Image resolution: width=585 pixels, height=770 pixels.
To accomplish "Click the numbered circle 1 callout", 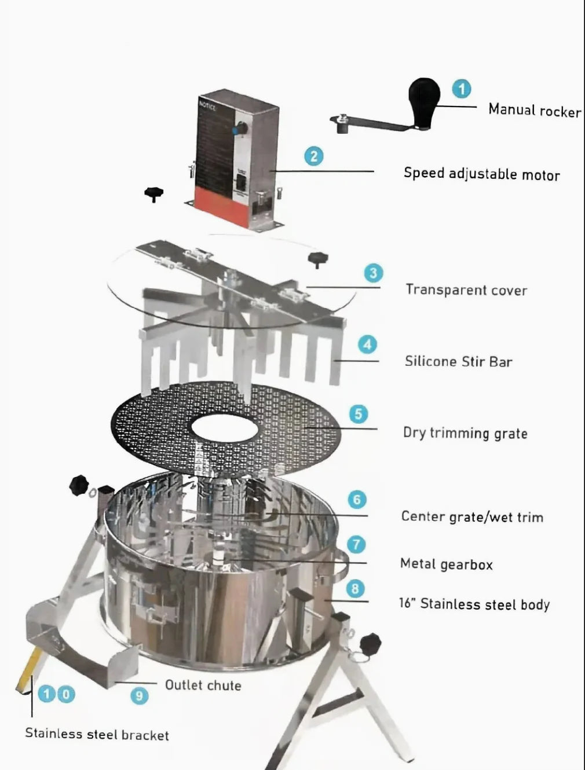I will (x=461, y=89).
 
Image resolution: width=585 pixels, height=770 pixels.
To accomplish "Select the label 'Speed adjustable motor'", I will (x=481, y=174).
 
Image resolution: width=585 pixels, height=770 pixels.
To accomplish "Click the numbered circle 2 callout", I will (x=314, y=156).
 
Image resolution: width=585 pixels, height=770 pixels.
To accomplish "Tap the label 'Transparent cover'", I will (x=466, y=289).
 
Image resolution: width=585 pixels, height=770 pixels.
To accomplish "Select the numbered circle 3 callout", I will (x=373, y=273).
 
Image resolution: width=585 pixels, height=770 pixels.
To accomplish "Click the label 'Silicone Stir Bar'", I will (x=458, y=362).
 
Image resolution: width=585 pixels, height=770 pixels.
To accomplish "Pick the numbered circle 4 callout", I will (x=367, y=344).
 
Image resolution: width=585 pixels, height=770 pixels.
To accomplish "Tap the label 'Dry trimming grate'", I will (x=465, y=433).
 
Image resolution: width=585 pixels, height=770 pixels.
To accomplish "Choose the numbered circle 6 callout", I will (x=357, y=500).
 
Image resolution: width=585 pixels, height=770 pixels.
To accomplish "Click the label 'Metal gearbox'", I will (x=446, y=564).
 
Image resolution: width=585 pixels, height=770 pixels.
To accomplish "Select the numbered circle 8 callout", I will (x=355, y=589).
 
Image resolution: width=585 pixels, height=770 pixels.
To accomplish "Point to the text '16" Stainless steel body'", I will (x=474, y=604).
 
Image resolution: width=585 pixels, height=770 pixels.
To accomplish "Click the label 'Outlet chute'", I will (x=203, y=685).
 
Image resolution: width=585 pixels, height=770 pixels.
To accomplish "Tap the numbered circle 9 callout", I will (x=139, y=695).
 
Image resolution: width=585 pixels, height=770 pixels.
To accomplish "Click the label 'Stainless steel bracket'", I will (x=97, y=734).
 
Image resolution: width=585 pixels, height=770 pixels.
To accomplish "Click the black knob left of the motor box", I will (x=153, y=193).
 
